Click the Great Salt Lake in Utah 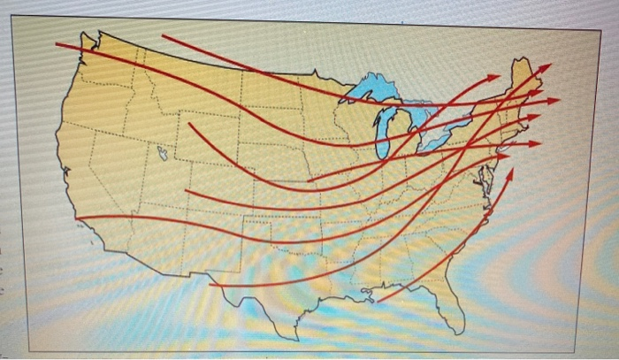click(x=163, y=153)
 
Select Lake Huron click(x=423, y=115)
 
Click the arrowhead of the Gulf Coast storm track click(x=511, y=171)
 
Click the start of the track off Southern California click(x=78, y=218)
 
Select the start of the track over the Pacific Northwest click(x=57, y=43)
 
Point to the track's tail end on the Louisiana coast click(x=378, y=302)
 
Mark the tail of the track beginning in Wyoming click(x=188, y=123)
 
